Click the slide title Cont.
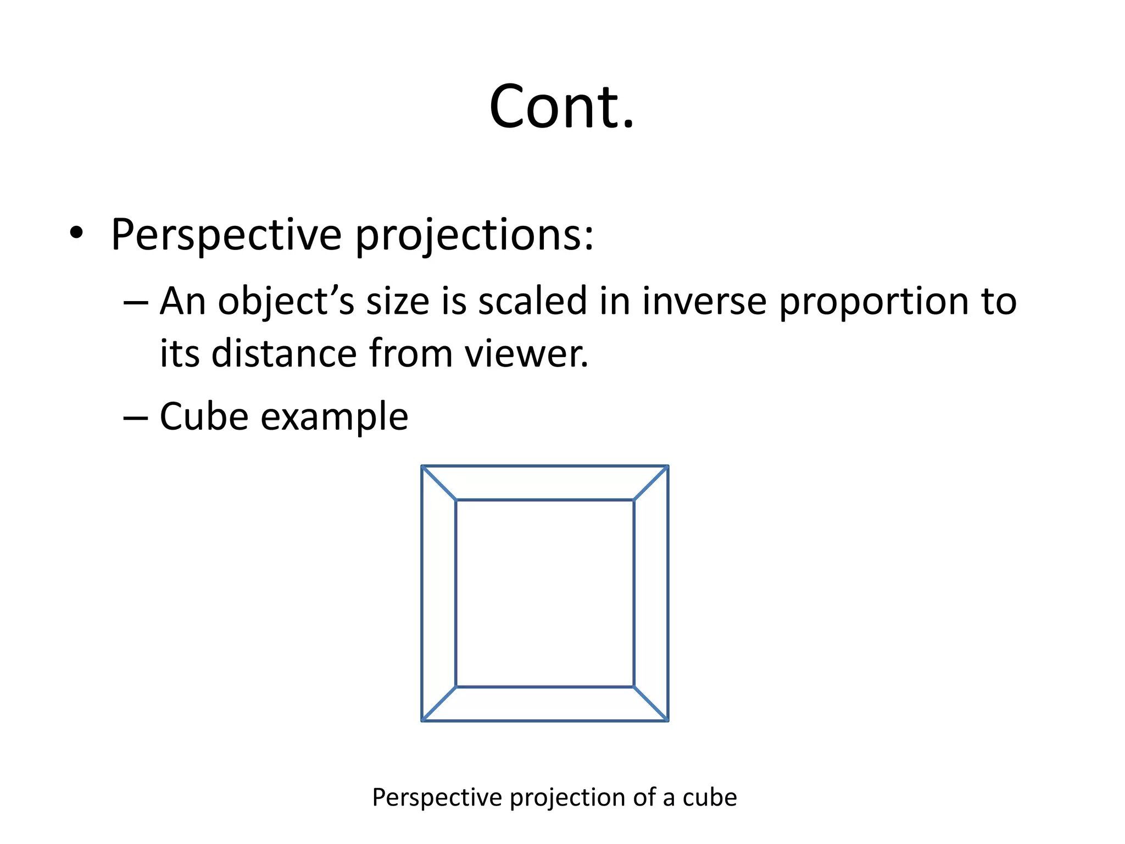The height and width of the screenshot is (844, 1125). (x=561, y=107)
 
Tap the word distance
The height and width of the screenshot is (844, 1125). (x=284, y=353)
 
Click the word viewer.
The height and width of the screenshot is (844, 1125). (x=527, y=353)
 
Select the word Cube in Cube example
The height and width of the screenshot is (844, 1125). (x=204, y=416)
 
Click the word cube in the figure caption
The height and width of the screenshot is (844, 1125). (x=710, y=797)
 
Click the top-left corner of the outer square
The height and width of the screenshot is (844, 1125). (x=422, y=466)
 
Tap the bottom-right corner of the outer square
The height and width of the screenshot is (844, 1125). (x=668, y=720)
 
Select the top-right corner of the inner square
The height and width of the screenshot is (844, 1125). (x=634, y=500)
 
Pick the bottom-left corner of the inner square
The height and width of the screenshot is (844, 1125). (x=456, y=687)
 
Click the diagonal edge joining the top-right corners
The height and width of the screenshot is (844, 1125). (x=651, y=483)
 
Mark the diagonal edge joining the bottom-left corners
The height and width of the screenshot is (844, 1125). (x=439, y=704)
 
